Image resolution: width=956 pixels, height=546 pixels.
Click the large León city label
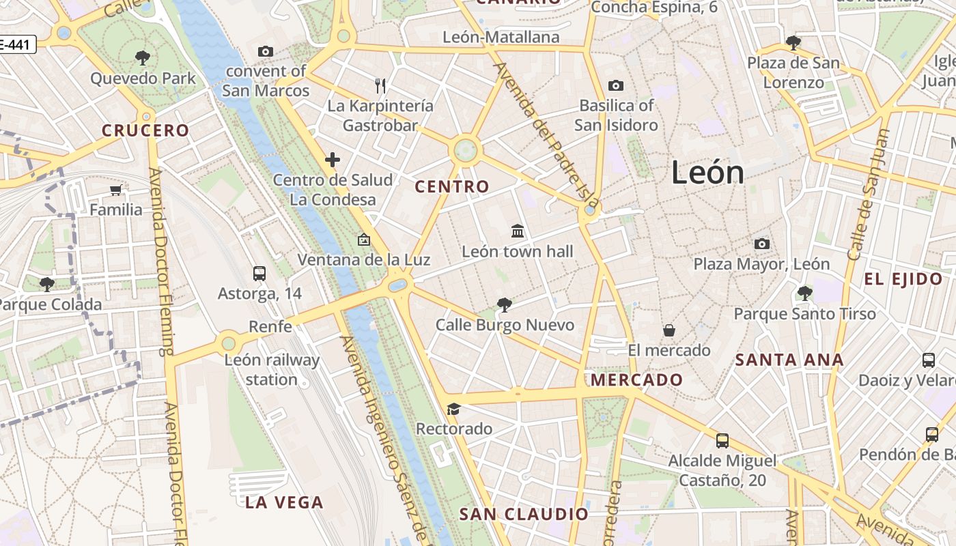707,172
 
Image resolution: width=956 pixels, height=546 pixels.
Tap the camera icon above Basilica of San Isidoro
615,85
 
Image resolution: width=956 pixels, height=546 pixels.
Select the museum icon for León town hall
518,231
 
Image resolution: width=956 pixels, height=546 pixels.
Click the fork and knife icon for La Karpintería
380,85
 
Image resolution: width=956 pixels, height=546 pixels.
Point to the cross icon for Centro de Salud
333,160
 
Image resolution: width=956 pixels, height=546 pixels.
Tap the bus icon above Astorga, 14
259,274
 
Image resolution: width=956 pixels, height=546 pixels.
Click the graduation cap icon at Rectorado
453,409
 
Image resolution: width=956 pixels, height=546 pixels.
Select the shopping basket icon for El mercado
669,330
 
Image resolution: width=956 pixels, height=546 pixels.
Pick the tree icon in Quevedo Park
143,57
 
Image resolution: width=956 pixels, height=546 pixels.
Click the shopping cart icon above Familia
116,190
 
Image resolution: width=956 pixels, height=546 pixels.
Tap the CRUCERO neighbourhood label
145,130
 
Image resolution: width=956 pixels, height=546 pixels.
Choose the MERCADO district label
637,379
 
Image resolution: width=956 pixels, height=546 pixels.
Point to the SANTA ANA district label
789,360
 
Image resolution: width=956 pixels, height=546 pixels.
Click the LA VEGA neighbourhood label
284,503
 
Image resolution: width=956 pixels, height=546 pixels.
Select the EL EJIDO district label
903,278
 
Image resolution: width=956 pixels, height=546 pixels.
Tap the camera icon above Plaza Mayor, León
761,244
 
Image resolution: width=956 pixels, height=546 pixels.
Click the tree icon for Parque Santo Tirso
804,293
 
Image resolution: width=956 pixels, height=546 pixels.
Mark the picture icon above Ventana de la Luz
363,240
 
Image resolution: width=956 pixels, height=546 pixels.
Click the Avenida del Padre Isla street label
546,136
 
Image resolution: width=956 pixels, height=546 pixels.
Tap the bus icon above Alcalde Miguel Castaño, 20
722,441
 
